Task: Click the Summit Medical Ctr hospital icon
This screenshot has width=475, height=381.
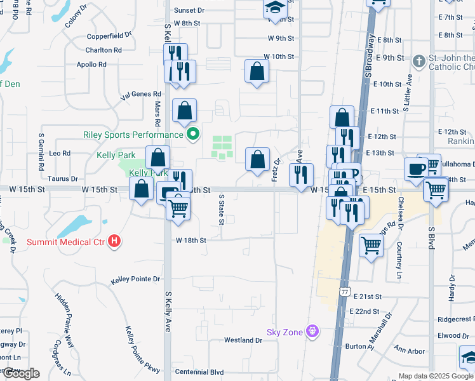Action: click(x=114, y=241)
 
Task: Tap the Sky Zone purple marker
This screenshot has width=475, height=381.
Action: click(x=311, y=331)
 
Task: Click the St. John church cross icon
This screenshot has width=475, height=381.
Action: click(x=418, y=62)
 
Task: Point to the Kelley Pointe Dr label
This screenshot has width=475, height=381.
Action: click(x=136, y=279)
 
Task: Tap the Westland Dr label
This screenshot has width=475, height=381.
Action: click(x=243, y=340)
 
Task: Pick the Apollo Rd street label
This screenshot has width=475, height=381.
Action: click(x=91, y=64)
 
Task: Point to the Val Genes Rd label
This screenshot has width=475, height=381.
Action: click(x=141, y=94)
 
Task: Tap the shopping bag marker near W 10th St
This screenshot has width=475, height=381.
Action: click(x=257, y=71)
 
